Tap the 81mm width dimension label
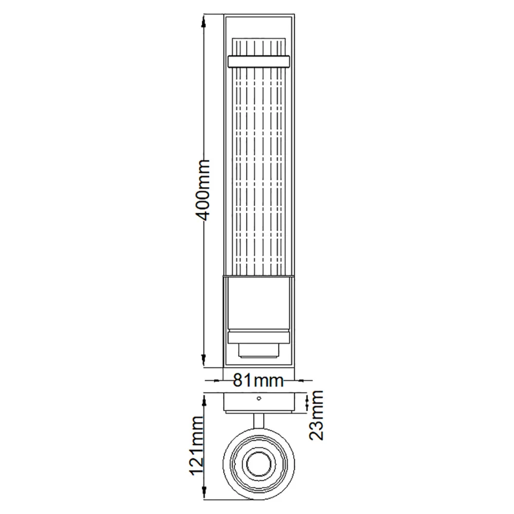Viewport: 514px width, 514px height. [x=258, y=380]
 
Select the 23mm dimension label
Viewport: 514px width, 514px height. [x=316, y=415]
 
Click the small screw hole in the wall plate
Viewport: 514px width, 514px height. [x=259, y=398]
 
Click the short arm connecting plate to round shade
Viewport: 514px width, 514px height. [x=259, y=420]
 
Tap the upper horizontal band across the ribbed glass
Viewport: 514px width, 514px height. [x=259, y=61]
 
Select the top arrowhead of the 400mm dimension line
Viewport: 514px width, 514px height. [x=204, y=22]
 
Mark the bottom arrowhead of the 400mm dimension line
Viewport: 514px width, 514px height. [x=204, y=361]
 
